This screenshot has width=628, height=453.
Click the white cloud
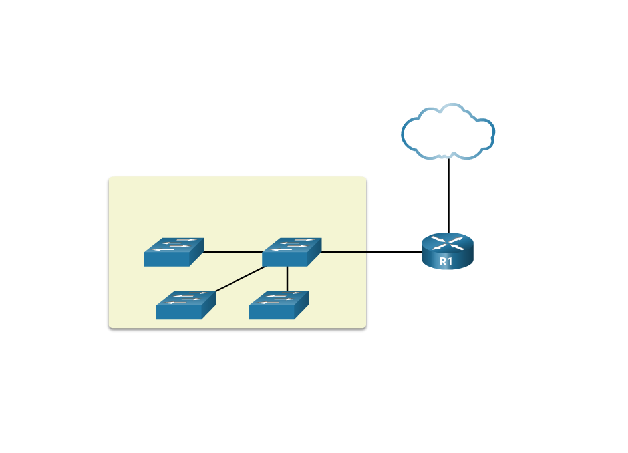click(448, 132)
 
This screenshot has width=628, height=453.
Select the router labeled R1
click(447, 251)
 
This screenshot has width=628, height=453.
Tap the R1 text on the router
click(446, 262)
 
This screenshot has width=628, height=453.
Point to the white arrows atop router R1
click(447, 242)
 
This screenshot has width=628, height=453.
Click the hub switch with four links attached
click(291, 252)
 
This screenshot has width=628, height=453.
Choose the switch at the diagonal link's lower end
click(186, 305)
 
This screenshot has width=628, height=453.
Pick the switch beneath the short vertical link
click(279, 305)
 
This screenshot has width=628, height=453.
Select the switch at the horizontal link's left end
click(174, 252)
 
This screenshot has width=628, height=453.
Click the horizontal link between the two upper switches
click(233, 252)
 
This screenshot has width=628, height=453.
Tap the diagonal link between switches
click(239, 279)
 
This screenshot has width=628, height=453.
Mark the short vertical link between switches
click(287, 278)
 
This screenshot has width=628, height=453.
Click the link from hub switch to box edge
click(343, 252)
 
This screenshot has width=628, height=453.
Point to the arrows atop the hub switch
click(293, 244)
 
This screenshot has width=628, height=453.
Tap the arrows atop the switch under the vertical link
click(279, 297)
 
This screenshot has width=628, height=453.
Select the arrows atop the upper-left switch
click(174, 244)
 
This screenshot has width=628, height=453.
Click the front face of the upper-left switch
click(166, 259)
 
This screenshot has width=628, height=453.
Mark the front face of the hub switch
click(285, 259)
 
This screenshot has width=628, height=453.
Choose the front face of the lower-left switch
click(178, 313)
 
